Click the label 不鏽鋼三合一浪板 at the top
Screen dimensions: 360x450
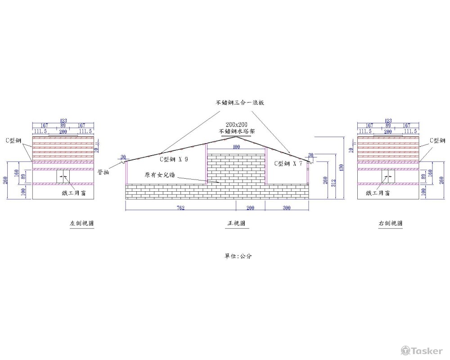(x=239, y=103)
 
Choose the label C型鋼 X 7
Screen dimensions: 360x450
(x=288, y=164)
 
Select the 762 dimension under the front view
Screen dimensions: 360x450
(x=180, y=207)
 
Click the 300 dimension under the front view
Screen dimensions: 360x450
(x=287, y=207)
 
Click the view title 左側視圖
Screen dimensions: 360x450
(x=81, y=223)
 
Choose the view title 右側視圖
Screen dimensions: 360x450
(x=391, y=223)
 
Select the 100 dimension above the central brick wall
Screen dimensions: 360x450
(x=236, y=147)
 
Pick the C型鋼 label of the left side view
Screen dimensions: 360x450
(x=13, y=140)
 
